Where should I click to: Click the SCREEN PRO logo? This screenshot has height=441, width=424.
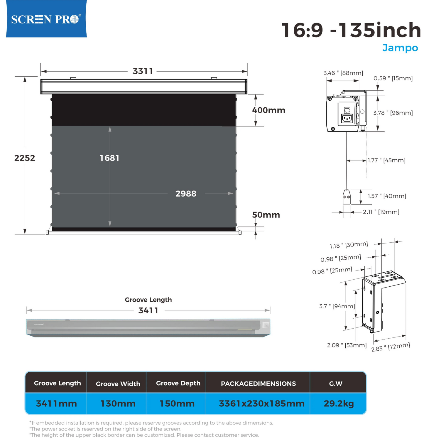click(46, 19)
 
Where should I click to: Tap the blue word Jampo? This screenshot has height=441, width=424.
click(400, 48)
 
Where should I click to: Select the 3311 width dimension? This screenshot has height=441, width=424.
click(143, 71)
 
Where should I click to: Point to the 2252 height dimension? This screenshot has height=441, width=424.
click(25, 158)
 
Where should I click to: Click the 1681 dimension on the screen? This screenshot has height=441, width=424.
click(109, 158)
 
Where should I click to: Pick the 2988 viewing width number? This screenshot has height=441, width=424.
click(186, 194)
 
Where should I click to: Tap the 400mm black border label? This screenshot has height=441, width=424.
click(268, 110)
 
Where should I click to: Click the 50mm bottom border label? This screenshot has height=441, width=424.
click(266, 215)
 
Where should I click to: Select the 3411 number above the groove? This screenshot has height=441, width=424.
click(148, 310)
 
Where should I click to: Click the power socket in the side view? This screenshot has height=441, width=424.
click(347, 118)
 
